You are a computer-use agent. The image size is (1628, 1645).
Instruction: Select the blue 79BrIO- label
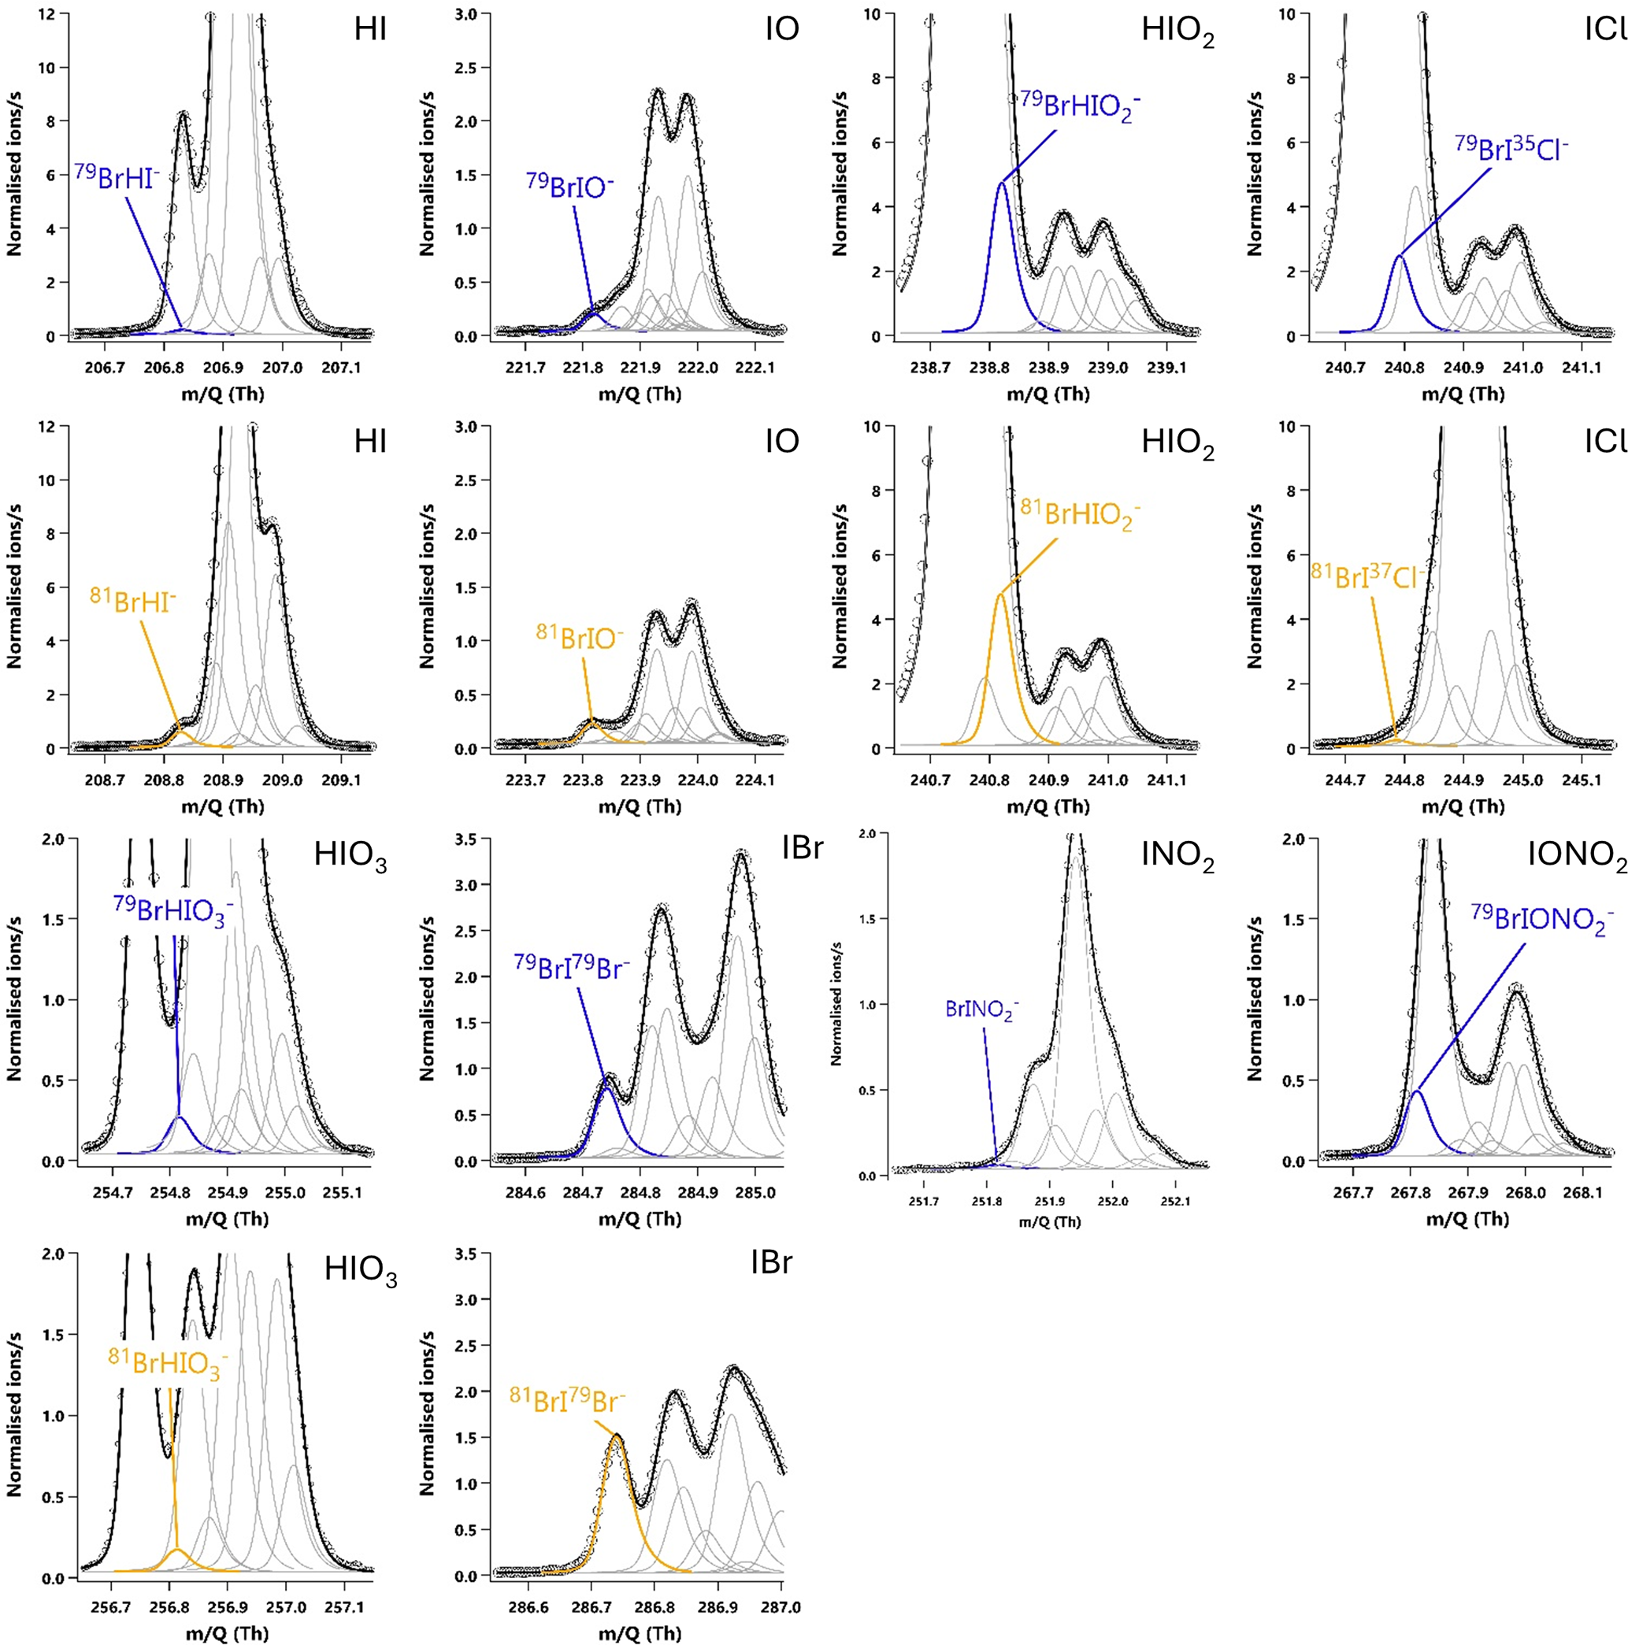tap(569, 187)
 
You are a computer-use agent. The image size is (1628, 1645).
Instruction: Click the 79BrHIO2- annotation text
tap(1081, 106)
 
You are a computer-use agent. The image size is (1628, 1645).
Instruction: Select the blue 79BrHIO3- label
tap(174, 911)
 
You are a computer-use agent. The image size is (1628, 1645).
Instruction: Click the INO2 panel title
tap(1177, 858)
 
